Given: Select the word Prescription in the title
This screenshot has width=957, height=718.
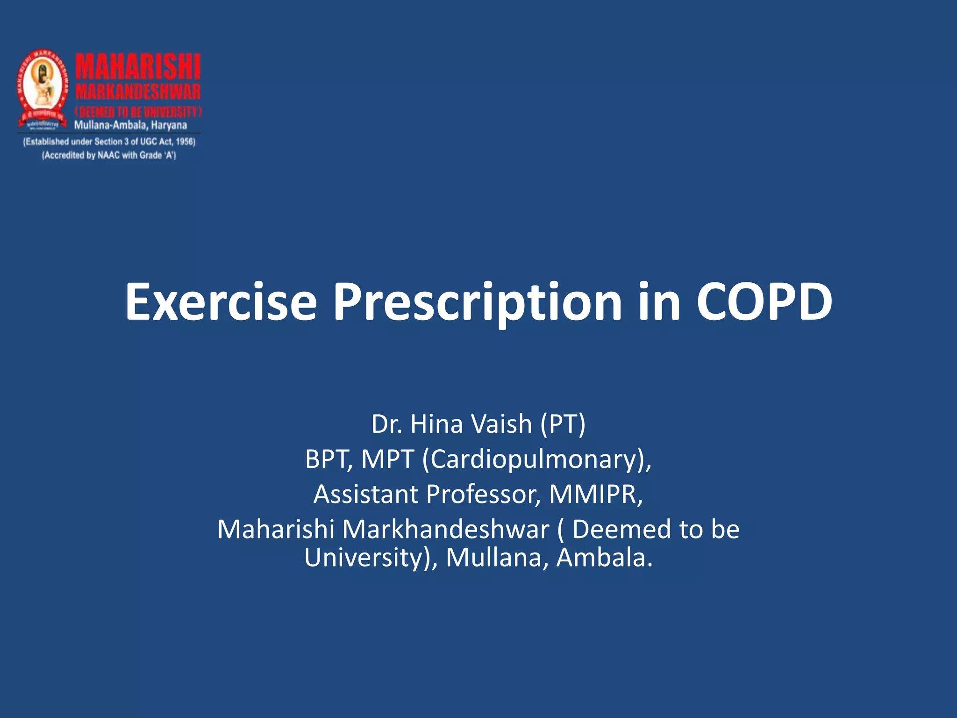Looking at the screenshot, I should (477, 303).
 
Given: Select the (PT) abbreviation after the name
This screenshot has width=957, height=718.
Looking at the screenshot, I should (563, 424).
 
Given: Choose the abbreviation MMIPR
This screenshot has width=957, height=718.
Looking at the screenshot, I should (596, 494).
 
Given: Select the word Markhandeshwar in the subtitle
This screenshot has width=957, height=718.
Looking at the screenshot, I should (446, 529).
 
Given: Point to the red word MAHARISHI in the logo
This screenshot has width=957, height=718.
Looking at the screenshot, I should (138, 67).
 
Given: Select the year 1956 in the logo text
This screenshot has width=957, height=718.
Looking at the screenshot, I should (185, 142).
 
